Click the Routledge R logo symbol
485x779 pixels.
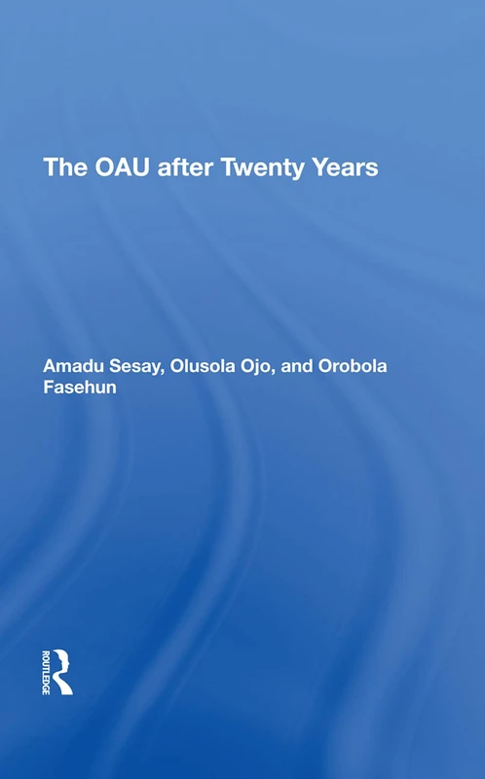61,670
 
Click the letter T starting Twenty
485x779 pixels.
229,167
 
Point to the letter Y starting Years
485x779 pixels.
314,167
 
